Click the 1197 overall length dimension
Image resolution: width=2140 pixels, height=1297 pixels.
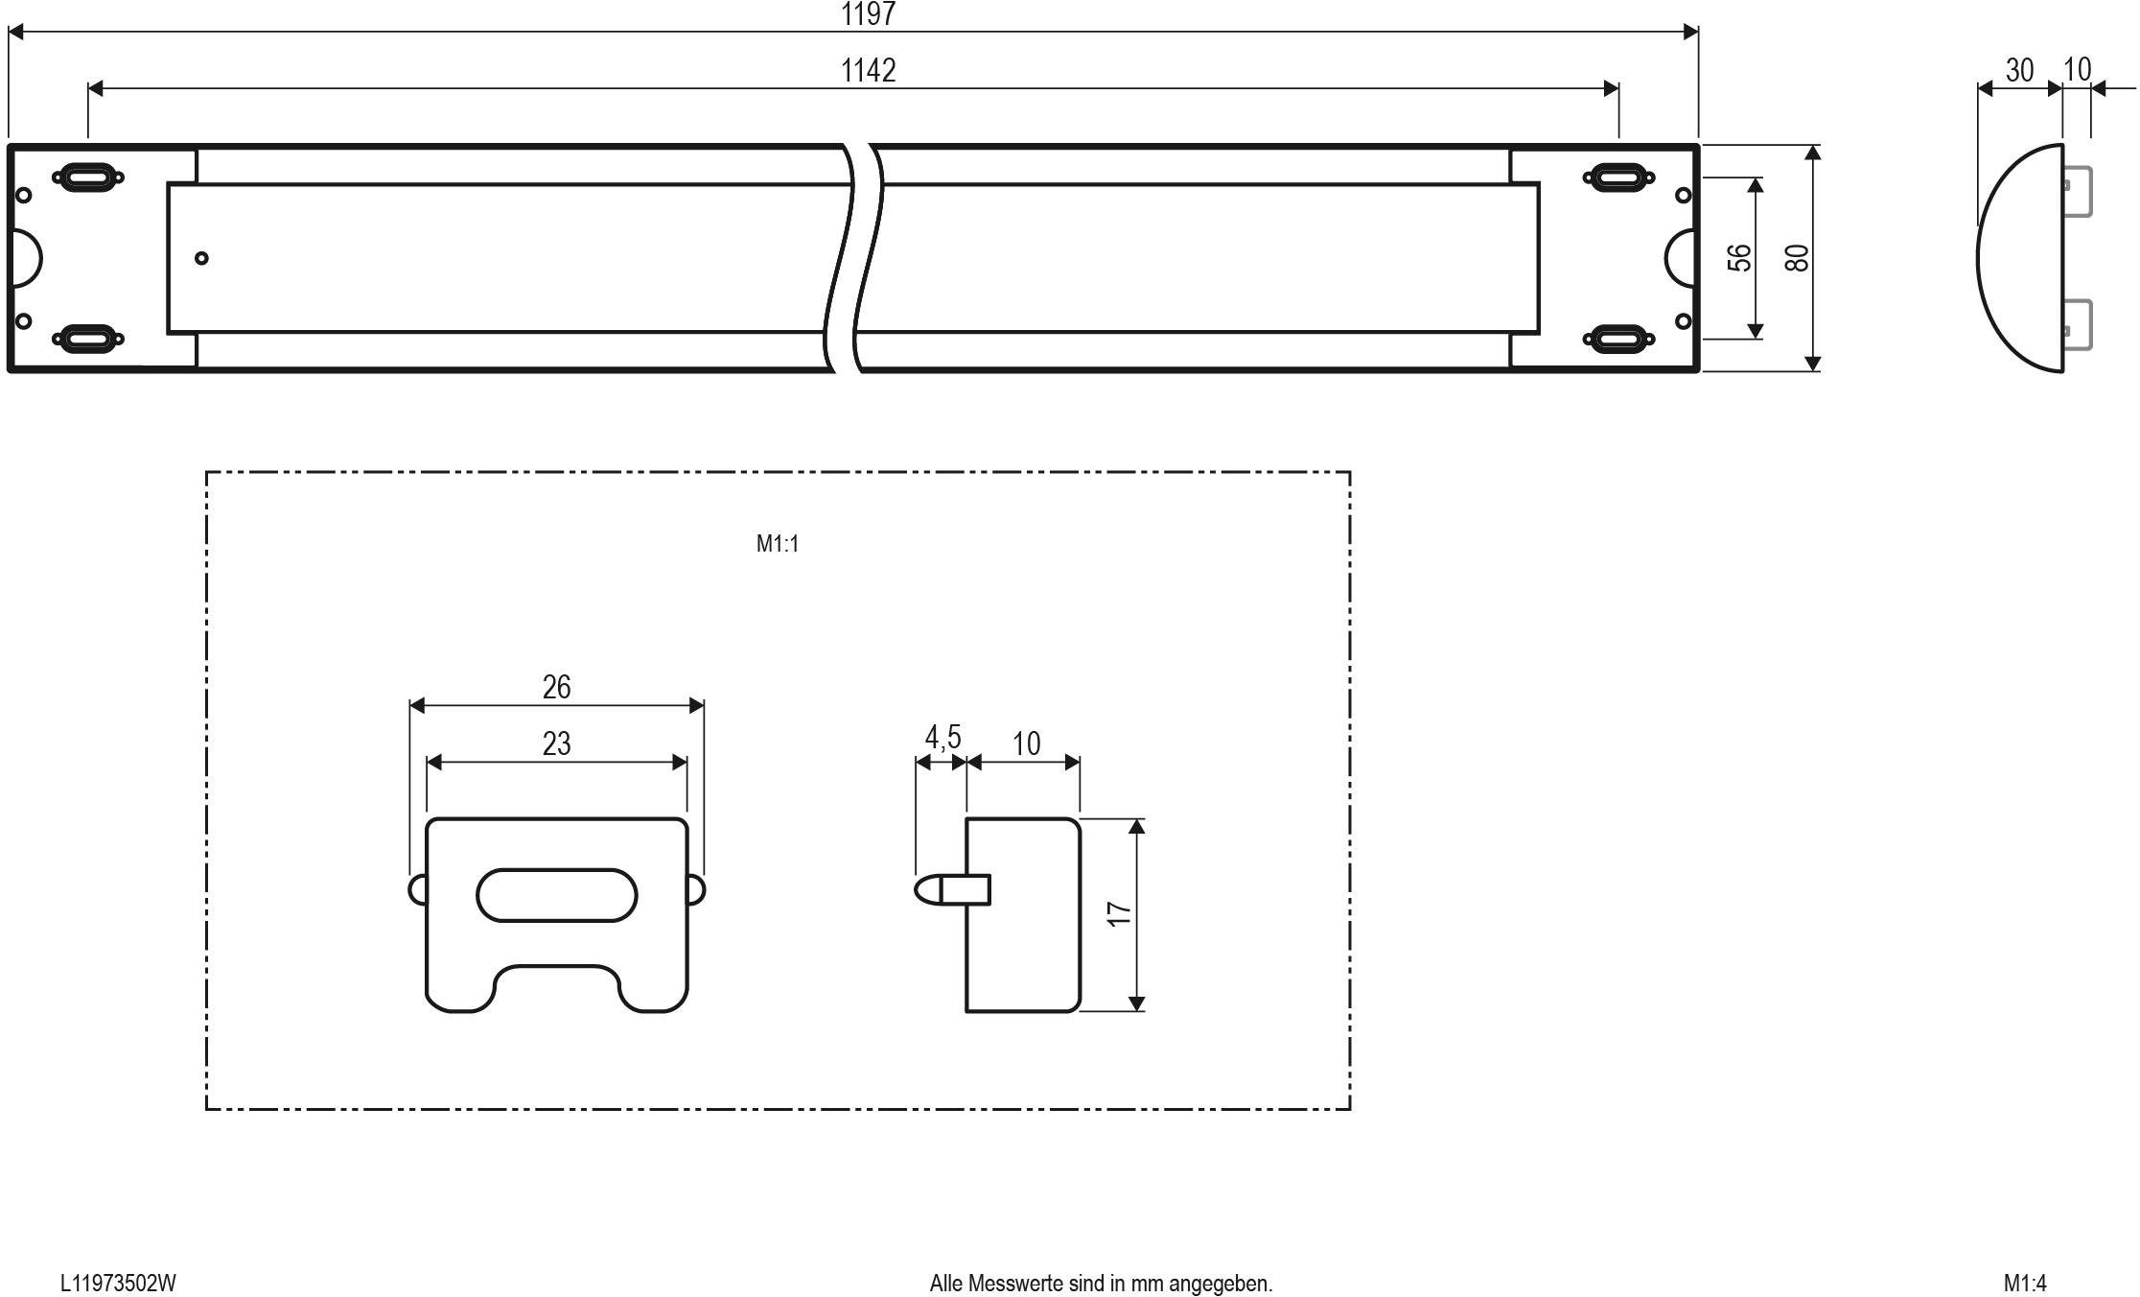pyautogui.click(x=868, y=14)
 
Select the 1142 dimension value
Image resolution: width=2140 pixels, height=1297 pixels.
pyautogui.click(x=868, y=71)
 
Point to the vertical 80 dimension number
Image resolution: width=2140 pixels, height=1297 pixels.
pyautogui.click(x=1797, y=258)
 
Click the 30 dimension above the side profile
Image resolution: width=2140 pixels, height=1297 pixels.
pyautogui.click(x=2018, y=71)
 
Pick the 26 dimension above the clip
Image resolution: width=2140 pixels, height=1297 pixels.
pyautogui.click(x=556, y=687)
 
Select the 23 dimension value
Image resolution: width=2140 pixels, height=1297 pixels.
pyautogui.click(x=556, y=743)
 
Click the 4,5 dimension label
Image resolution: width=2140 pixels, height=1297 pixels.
pyautogui.click(x=942, y=738)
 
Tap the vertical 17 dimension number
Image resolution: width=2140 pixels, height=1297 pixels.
pyautogui.click(x=1119, y=913)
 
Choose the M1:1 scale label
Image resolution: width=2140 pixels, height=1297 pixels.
pyautogui.click(x=777, y=544)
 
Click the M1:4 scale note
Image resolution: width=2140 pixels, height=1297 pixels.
pyautogui.click(x=2024, y=1283)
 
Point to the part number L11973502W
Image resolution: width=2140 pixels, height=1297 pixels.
pyautogui.click(x=118, y=1283)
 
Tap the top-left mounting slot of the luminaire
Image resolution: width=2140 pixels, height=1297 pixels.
pyautogui.click(x=87, y=177)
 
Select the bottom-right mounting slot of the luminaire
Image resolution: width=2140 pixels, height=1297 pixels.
pyautogui.click(x=1618, y=338)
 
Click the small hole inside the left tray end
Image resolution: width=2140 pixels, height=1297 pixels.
pyautogui.click(x=201, y=258)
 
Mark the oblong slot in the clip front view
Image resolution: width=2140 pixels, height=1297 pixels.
pyautogui.click(x=556, y=895)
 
